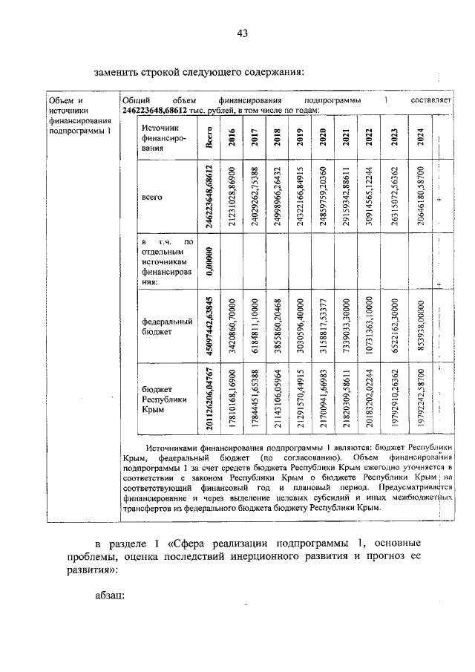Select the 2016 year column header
click(233, 139)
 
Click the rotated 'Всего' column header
click(210, 139)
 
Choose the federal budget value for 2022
click(369, 327)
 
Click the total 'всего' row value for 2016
click(233, 198)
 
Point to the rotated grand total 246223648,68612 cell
click(210, 198)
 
